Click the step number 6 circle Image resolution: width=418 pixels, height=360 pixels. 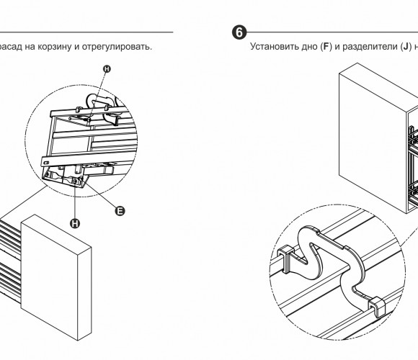coord(239,32)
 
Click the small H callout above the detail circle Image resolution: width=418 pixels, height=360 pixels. coord(107,69)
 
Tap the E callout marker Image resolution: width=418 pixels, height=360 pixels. coord(120,211)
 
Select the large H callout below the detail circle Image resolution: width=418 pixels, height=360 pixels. coord(75,223)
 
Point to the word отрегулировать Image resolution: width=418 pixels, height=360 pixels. coord(117,47)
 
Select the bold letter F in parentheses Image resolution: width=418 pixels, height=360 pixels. coord(326,47)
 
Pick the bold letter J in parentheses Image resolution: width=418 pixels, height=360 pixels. coord(406,47)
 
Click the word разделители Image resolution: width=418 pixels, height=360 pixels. coord(370,47)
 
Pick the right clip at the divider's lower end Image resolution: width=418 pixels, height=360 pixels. coord(376,307)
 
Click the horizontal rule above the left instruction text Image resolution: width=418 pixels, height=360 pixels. coord(86,32)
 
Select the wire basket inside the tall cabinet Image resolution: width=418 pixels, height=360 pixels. coord(414,166)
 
